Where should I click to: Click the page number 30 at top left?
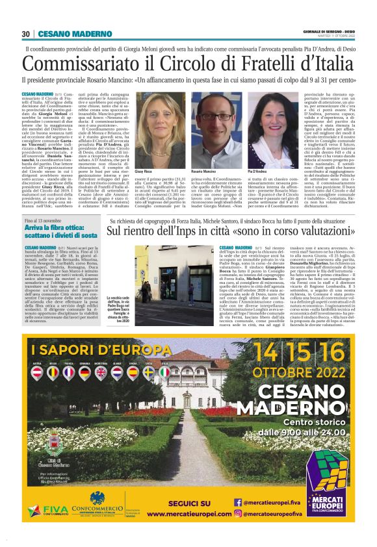[x=26, y=34]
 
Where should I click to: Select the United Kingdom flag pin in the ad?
[x=101, y=372]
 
